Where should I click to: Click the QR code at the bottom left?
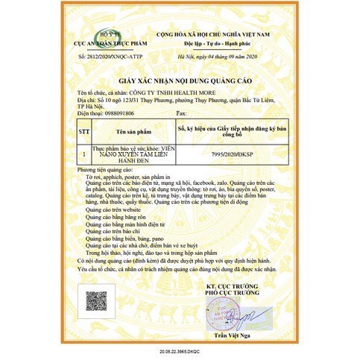[x=94, y=300]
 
